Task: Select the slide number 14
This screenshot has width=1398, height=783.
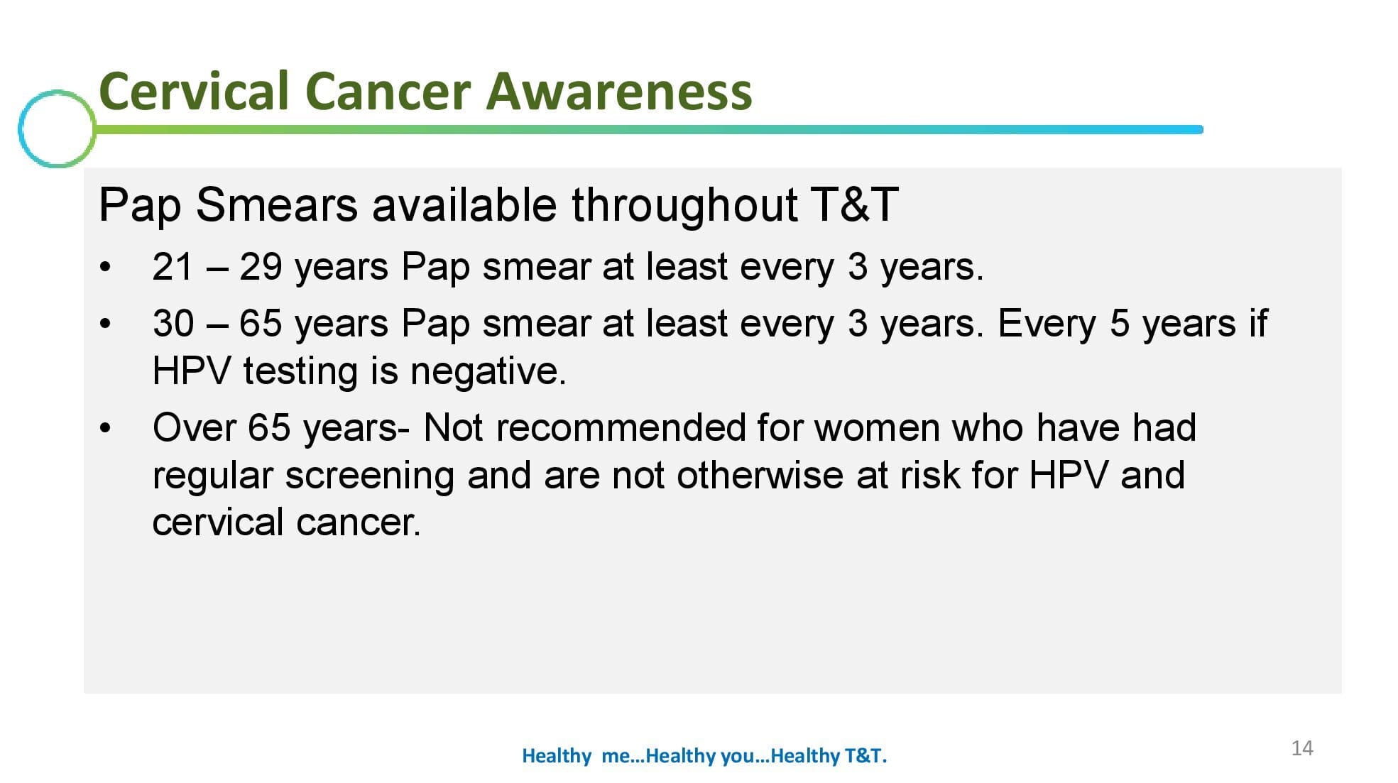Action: pos(1302,748)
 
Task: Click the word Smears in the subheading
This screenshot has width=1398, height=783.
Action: pos(276,205)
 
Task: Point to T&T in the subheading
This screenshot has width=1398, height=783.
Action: pos(855,205)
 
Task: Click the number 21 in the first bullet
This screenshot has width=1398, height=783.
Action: pos(173,268)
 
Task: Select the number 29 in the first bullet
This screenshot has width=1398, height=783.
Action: pos(261,268)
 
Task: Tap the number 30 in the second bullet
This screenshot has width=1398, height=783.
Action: pos(173,324)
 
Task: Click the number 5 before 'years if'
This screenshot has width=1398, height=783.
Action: pos(1120,324)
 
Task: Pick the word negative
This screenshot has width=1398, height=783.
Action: pos(488,371)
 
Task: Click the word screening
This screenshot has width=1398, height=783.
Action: pos(369,476)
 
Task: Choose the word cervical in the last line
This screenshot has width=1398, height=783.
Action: pos(218,522)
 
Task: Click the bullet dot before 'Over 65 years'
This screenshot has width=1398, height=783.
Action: pos(106,428)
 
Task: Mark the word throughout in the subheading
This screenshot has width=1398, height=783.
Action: pos(684,205)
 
